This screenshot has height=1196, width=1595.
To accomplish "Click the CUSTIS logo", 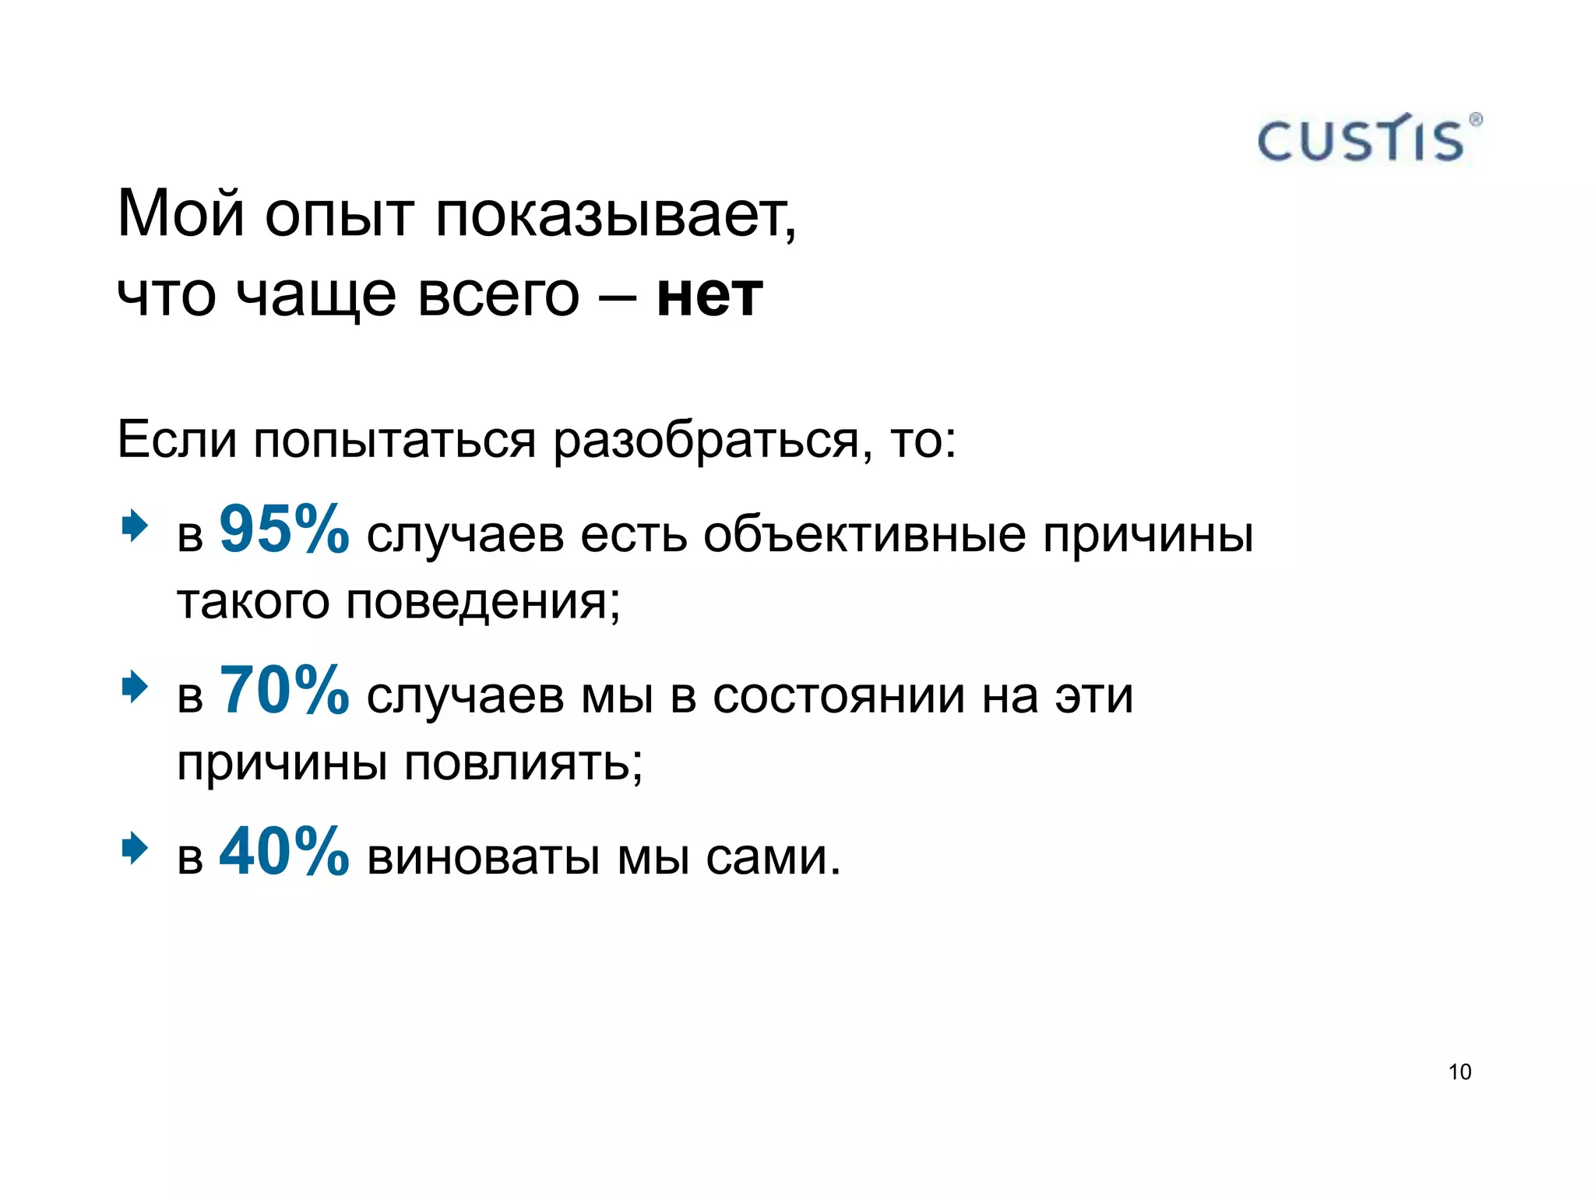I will click(1368, 139).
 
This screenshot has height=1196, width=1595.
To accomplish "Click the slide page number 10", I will click(1459, 1072).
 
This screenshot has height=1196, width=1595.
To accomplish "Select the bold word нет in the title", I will click(709, 295).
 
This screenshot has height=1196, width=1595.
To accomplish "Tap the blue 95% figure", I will click(284, 529).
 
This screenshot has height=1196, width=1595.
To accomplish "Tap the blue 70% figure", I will click(284, 690).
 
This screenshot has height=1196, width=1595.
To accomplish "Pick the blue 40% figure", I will click(284, 852).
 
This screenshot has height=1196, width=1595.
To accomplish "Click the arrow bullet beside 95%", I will click(135, 526).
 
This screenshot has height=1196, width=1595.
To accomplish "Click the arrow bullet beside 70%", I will click(135, 687).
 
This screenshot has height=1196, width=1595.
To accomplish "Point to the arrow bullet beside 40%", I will click(135, 849).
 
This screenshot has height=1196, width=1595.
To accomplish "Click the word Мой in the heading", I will click(181, 214).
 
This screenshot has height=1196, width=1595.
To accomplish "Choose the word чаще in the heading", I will click(315, 297).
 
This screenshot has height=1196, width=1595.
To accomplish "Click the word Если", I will click(177, 439).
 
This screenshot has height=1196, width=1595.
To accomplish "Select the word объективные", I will click(864, 536).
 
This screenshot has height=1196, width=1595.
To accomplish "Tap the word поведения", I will click(483, 603).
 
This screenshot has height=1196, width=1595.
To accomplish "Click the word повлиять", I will click(523, 763).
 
